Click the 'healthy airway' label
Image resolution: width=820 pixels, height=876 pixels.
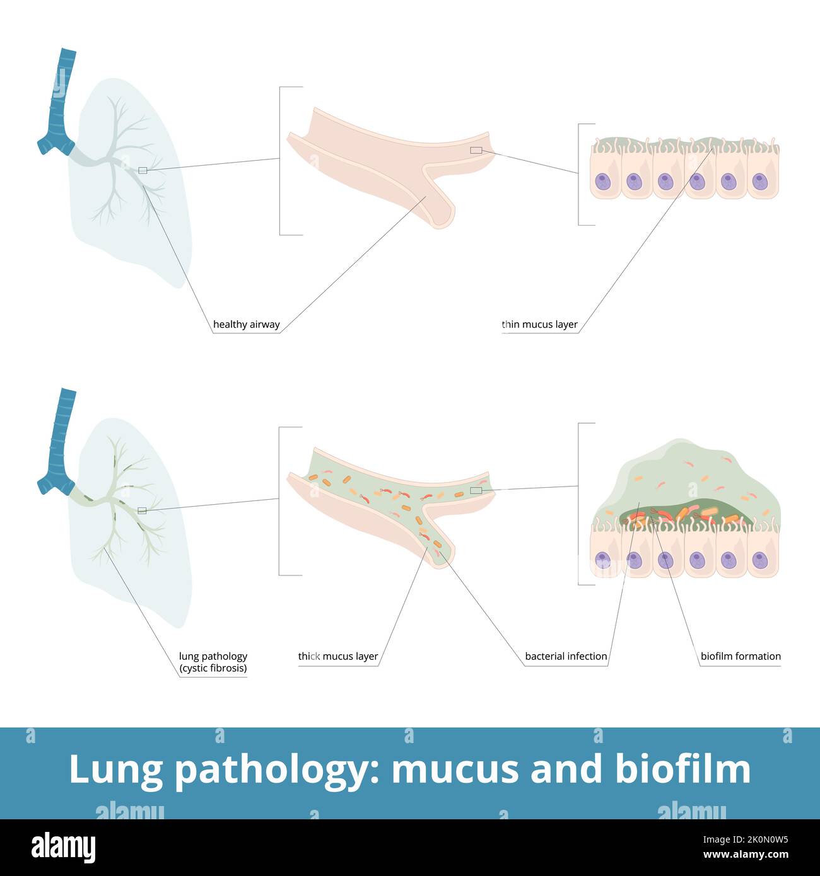click(246, 325)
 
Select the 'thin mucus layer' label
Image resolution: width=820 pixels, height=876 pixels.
click(539, 325)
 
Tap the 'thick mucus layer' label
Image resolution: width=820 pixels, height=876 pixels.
click(338, 656)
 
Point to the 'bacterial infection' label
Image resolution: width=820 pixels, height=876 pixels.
click(566, 656)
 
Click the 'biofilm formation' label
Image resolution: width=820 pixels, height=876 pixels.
click(741, 656)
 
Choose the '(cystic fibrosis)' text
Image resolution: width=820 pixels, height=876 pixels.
click(213, 668)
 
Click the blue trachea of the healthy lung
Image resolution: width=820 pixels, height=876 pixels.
click(61, 101)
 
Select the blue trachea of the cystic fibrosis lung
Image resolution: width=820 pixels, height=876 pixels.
click(61, 441)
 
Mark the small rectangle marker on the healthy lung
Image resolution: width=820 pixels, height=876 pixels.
click(143, 170)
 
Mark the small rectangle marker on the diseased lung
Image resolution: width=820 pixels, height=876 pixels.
click(142, 510)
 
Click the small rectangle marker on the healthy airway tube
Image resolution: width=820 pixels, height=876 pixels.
click(476, 150)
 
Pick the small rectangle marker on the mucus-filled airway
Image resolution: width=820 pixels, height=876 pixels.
click(476, 490)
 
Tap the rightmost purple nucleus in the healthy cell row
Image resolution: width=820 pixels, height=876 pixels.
click(759, 182)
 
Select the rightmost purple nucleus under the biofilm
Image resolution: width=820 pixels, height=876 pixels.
click(759, 560)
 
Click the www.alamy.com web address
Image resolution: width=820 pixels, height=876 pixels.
click(746, 855)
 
